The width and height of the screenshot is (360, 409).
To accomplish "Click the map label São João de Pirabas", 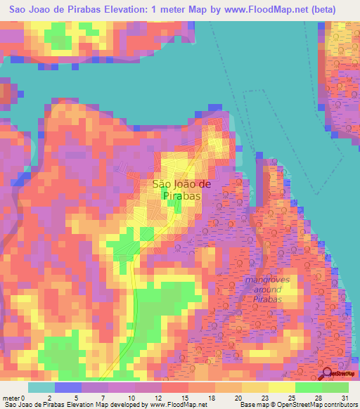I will pos(176,190).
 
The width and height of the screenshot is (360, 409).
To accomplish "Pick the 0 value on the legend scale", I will pos(28,397).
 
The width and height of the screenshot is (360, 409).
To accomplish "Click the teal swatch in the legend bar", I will pos(41,387).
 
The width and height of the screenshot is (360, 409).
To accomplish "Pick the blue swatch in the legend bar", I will pos(68,387).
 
